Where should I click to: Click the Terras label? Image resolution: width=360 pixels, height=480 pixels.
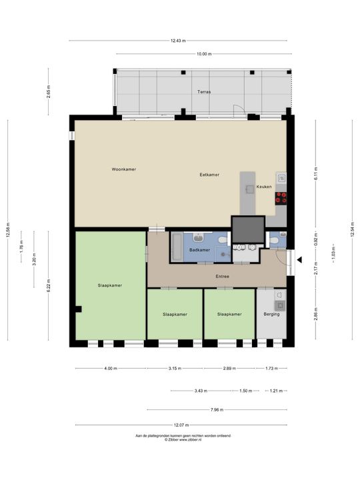[x=203, y=91]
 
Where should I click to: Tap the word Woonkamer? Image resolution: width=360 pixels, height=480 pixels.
[x=124, y=169]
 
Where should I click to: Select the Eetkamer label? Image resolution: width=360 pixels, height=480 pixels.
[x=209, y=175]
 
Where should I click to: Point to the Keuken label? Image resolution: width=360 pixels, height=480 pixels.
[x=264, y=187]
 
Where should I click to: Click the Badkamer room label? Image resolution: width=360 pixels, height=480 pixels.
[x=199, y=249]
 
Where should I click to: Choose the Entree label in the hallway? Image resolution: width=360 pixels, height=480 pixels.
[x=222, y=275]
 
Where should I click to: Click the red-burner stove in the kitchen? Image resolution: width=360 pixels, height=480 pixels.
[x=283, y=197]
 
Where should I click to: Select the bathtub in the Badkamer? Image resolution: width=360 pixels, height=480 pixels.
[x=176, y=247]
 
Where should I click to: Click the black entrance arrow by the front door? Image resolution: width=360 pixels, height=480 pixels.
[x=300, y=260]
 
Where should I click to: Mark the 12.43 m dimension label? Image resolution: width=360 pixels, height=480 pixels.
[x=177, y=41]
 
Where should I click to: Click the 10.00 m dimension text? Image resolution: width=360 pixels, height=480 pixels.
[x=203, y=54]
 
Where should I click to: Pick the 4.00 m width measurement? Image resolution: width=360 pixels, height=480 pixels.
[x=110, y=369]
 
